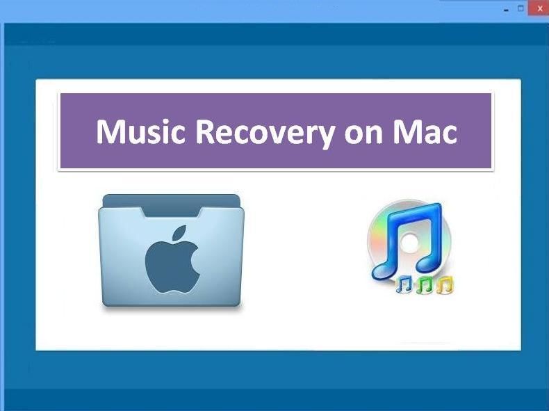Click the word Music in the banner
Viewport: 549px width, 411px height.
click(x=140, y=131)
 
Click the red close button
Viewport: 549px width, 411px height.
click(x=539, y=9)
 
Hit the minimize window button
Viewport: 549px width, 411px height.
click(x=506, y=10)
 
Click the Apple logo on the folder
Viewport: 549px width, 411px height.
click(x=172, y=259)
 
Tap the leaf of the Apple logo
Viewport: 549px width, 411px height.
click(x=181, y=233)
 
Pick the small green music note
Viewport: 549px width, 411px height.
click(x=425, y=284)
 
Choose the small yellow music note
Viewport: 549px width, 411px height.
click(x=445, y=284)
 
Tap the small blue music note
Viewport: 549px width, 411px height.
click(x=404, y=284)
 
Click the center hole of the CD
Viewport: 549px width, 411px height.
click(x=409, y=242)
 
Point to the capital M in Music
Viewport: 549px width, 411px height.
click(x=111, y=131)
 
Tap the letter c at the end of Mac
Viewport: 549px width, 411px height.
click(x=449, y=135)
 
